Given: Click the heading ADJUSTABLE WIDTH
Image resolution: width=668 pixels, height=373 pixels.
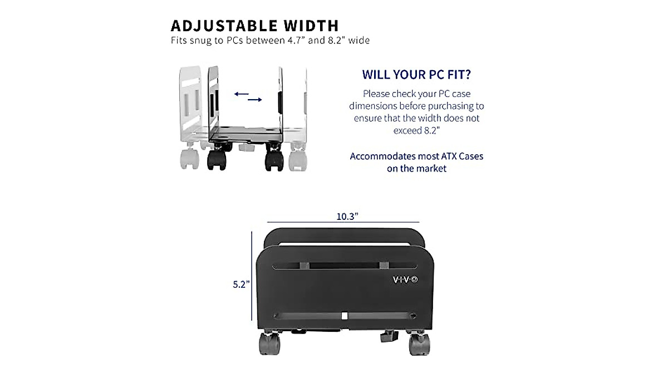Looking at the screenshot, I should pos(254,26).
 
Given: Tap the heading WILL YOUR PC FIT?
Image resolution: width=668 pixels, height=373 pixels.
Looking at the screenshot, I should pos(416,75).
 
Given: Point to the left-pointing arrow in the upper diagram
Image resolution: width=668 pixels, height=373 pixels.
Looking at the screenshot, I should pos(241,94).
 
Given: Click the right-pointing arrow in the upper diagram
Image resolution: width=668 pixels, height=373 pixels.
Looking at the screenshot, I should pos(255,100).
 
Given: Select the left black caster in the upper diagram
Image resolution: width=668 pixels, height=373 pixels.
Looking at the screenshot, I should pos(217,161).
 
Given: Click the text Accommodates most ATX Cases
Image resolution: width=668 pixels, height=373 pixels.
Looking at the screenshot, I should pos(416,156).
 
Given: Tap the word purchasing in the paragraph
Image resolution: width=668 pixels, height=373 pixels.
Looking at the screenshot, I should pos(456,106).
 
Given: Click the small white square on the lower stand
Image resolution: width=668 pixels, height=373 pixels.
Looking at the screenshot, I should pos(345,316).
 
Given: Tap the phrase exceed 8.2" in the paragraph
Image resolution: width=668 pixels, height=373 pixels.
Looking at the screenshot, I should pos(416,130).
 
